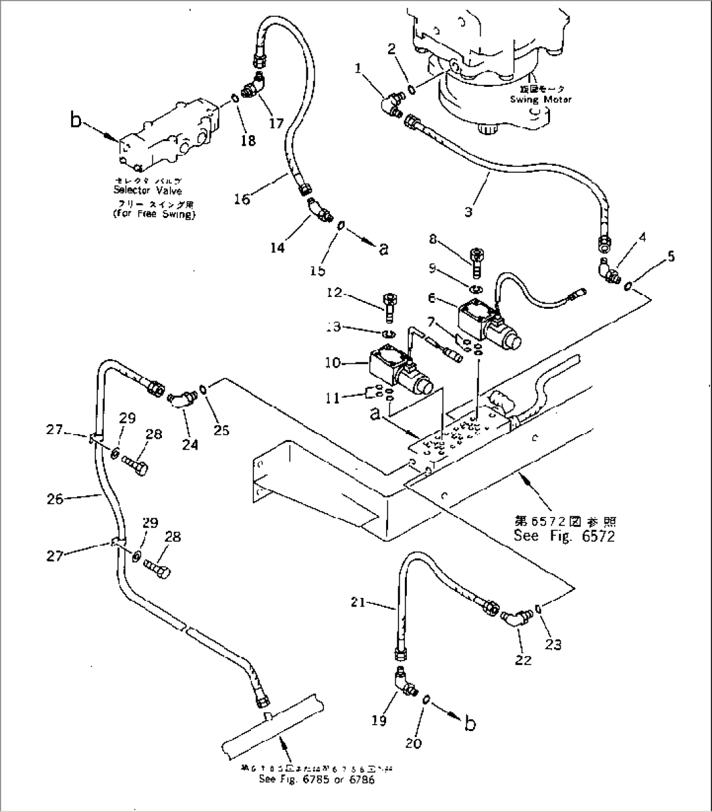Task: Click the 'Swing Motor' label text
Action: pos(540,99)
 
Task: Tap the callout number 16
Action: pos(242,198)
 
